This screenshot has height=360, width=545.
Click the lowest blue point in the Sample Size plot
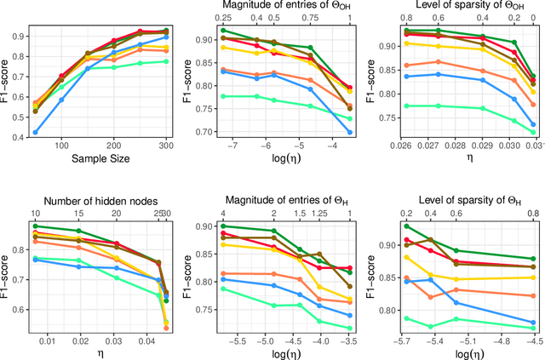tap(35, 132)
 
